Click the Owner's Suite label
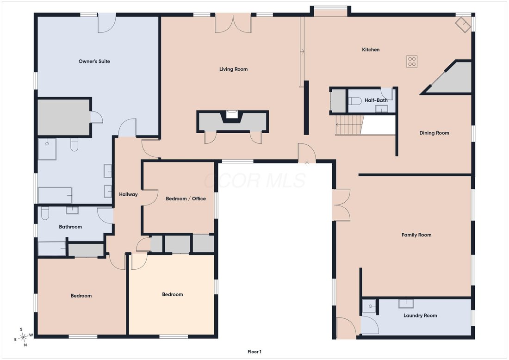click(x=94, y=62)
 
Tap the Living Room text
click(x=233, y=69)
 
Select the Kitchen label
click(x=371, y=50)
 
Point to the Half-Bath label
click(x=376, y=100)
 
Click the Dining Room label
click(x=435, y=133)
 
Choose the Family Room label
click(x=416, y=235)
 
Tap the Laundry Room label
click(x=420, y=315)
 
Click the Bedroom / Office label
click(x=186, y=199)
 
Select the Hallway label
click(x=128, y=194)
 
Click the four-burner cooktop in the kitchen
click(x=412, y=62)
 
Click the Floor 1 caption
click(x=254, y=352)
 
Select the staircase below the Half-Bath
click(x=348, y=125)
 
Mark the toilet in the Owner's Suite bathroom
click(x=74, y=145)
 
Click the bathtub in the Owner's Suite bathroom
click(x=55, y=195)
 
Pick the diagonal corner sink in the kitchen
click(x=463, y=25)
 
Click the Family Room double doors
click(x=341, y=205)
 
